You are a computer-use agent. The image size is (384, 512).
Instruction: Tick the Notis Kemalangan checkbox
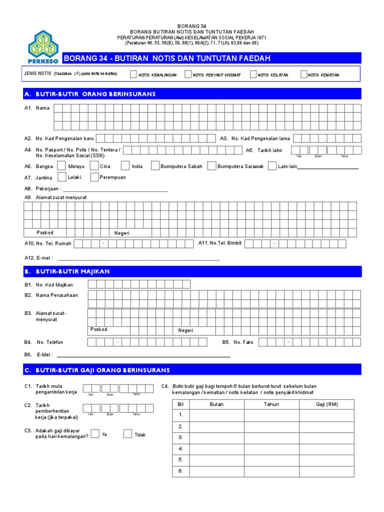coord(133,75)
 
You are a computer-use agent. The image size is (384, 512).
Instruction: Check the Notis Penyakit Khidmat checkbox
coord(188,75)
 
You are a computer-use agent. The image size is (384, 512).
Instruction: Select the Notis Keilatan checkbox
coord(253,75)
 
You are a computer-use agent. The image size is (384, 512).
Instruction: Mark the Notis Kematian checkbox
coord(304,75)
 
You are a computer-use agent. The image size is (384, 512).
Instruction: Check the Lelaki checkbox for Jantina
coord(61,177)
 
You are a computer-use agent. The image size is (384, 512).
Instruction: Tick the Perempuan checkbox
coord(94,177)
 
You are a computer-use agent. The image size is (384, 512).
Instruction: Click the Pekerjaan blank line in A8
coord(115,190)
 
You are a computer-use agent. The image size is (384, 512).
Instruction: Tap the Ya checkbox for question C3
coord(95,433)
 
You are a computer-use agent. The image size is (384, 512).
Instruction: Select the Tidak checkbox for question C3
coord(127,434)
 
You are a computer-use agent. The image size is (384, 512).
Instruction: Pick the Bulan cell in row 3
coord(216,437)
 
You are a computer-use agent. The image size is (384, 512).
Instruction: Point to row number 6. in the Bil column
coord(180,471)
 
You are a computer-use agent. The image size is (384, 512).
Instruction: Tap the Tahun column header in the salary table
coord(271,404)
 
